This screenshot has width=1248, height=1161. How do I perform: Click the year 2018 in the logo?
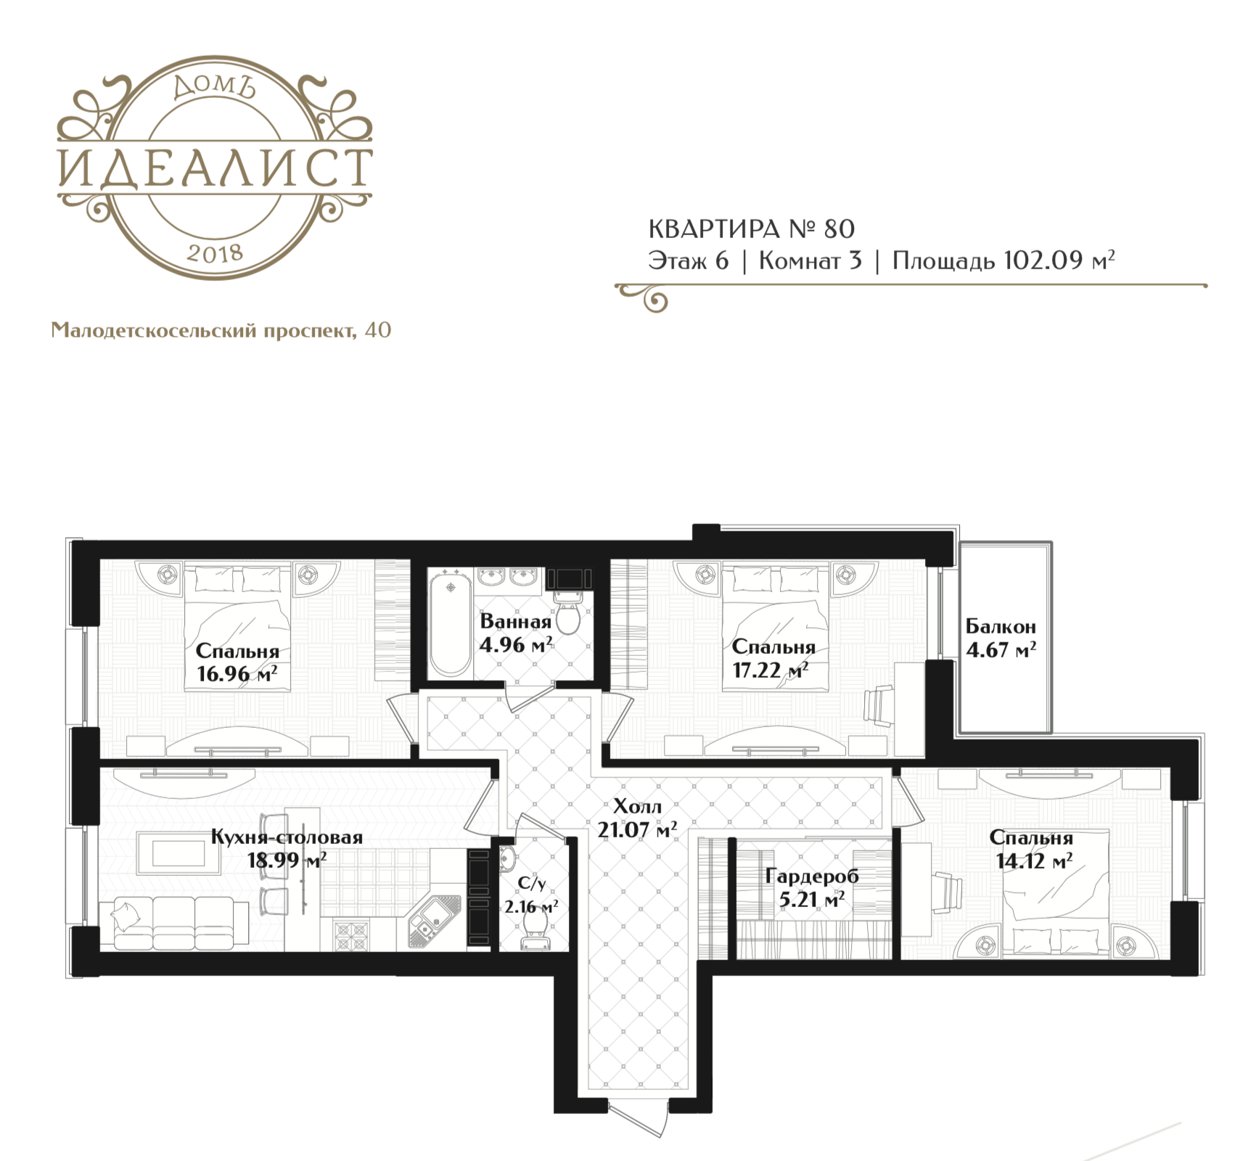pyautogui.click(x=214, y=253)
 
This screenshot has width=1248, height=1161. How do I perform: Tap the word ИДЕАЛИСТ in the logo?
pyautogui.click(x=215, y=168)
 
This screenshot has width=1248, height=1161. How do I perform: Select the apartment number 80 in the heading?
pyautogui.click(x=839, y=229)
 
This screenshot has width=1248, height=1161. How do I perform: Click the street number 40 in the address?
pyautogui.click(x=379, y=330)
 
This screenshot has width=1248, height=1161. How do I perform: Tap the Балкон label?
pyautogui.click(x=1001, y=625)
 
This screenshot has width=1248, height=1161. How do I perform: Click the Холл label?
pyautogui.click(x=637, y=806)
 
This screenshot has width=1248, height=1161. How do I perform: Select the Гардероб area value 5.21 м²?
pyautogui.click(x=811, y=901)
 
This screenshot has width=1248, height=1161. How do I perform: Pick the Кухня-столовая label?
pyautogui.click(x=287, y=837)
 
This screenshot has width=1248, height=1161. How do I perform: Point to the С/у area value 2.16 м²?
pyautogui.click(x=531, y=906)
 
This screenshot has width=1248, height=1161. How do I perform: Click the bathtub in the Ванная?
pyautogui.click(x=450, y=623)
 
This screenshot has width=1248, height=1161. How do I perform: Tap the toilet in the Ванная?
pyautogui.click(x=567, y=611)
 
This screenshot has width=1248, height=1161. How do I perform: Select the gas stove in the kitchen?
pyautogui.click(x=352, y=935)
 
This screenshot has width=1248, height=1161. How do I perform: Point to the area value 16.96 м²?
pyautogui.click(x=237, y=675)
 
